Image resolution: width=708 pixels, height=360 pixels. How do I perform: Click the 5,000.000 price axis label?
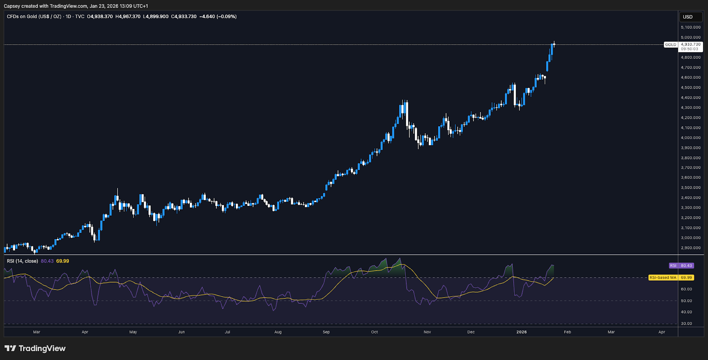tap(690, 37)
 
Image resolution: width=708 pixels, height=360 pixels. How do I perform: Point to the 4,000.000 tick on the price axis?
tap(690, 138)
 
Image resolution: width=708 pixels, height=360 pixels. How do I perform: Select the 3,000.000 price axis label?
tap(690, 238)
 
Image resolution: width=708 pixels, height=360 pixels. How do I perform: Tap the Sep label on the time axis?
tap(326, 332)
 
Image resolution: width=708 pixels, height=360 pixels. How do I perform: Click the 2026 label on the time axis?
tap(522, 332)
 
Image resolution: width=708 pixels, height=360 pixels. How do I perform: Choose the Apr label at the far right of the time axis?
tap(662, 332)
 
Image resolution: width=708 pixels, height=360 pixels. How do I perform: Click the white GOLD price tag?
tap(671, 45)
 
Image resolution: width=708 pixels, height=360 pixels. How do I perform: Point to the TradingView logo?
tap(35, 348)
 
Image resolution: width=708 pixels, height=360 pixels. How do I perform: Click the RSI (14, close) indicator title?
tap(22, 261)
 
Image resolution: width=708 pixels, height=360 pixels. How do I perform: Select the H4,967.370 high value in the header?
tap(128, 16)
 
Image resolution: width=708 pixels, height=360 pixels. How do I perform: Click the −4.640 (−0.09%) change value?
tap(218, 16)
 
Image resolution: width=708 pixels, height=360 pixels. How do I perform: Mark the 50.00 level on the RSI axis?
tap(686, 301)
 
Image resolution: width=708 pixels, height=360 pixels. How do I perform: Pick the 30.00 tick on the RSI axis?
tap(686, 324)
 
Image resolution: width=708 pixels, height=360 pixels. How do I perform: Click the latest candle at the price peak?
tap(554, 44)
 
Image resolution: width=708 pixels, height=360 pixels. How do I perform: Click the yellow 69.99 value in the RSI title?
tap(62, 261)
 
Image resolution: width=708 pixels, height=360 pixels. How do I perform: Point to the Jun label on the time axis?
tap(181, 332)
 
